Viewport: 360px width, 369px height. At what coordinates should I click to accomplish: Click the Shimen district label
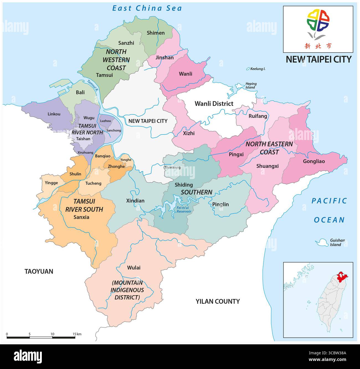155,33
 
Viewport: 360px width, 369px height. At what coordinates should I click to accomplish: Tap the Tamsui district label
104,75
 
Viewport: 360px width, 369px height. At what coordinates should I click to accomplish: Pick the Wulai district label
134,268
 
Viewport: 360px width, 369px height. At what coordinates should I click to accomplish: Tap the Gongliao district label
314,161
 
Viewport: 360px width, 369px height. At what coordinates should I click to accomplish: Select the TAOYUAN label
38,271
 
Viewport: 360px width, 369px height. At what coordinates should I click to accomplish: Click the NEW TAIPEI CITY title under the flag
318,59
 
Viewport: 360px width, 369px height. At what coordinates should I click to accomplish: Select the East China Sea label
147,8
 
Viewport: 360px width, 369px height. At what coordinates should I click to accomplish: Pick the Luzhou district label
105,121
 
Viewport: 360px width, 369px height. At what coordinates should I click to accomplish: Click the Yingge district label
51,183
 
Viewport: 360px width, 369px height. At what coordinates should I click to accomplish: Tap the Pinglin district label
220,204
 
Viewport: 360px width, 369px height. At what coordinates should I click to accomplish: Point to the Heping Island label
251,85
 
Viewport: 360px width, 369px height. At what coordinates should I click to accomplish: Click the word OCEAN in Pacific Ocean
329,220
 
